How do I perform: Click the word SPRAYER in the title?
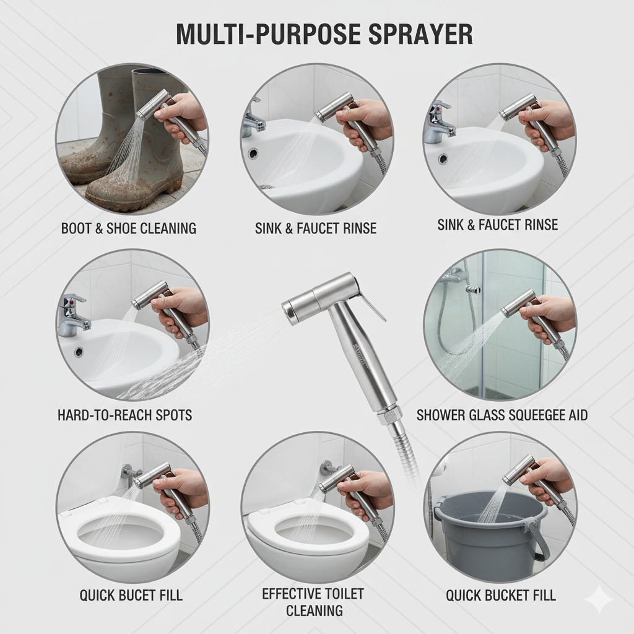click(420, 35)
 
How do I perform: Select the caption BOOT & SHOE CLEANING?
click(129, 228)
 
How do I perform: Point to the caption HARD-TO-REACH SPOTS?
click(124, 415)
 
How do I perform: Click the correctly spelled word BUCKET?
click(508, 596)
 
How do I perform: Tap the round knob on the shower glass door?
click(471, 289)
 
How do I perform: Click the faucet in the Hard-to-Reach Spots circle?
click(73, 315)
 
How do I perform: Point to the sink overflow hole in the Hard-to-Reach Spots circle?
click(79, 352)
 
